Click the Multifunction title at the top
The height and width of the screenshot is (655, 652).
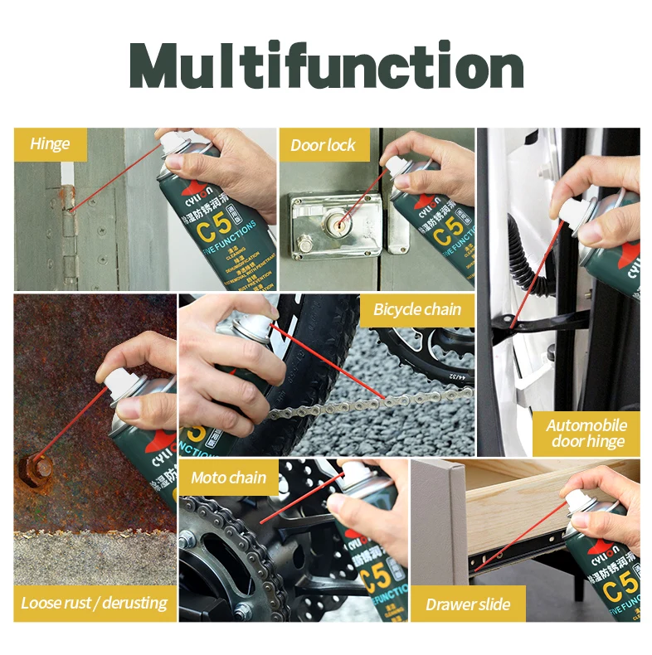pyautogui.click(x=326, y=65)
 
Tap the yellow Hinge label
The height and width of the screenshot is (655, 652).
pyautogui.click(x=51, y=144)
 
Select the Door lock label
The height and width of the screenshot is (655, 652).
pyautogui.click(x=323, y=146)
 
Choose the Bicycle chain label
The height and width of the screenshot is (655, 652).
pyautogui.click(x=417, y=310)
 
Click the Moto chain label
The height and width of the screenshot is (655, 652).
pyautogui.click(x=228, y=478)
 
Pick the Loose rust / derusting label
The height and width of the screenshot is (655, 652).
pyautogui.click(x=94, y=603)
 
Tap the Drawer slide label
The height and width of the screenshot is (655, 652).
pyautogui.click(x=468, y=604)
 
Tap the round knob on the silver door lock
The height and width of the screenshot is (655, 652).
pyautogui.click(x=306, y=244)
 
